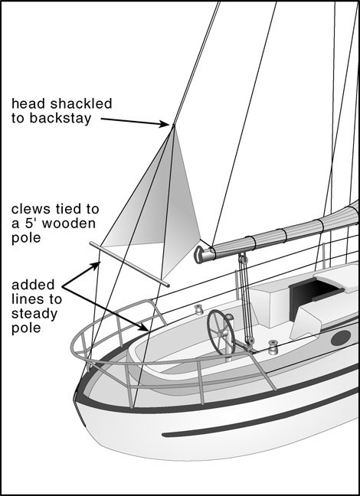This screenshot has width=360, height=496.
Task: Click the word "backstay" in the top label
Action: click(61, 118)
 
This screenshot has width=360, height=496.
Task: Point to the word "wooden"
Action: click(69, 224)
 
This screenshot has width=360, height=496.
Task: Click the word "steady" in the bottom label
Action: click(34, 314)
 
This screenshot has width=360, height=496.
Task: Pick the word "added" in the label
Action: click(33, 285)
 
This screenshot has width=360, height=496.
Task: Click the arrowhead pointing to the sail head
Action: click(164, 124)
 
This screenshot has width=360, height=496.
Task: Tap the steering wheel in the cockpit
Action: click(221, 332)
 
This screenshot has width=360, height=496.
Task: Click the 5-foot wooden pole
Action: click(129, 264)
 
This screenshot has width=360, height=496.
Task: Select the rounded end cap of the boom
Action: click(199, 255)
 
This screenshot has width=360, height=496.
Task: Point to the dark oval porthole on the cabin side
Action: click(341, 338)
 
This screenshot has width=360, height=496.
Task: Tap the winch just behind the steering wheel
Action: click(272, 347)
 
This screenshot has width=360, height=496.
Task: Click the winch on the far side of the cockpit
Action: click(198, 309)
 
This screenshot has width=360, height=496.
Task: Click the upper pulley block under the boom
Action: click(243, 259)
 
